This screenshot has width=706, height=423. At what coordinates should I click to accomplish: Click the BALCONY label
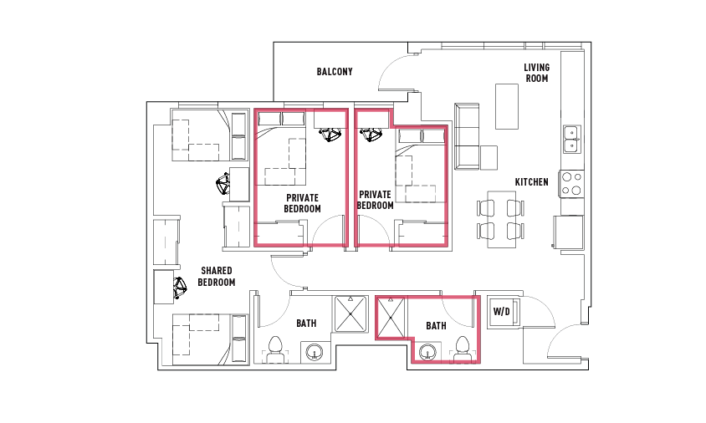coord(335,72)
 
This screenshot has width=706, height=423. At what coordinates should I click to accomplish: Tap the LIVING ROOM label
coord(537,73)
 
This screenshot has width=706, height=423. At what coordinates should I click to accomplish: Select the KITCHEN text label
coord(532,181)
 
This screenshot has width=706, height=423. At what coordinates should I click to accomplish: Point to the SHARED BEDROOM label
coord(217,277)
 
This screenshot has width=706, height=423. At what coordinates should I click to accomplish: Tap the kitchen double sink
coord(572,139)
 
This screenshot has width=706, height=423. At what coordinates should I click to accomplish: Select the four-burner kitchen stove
coord(572,184)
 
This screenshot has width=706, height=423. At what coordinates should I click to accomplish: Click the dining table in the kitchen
coord(502,219)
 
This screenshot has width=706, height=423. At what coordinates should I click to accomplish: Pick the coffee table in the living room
coord(507,107)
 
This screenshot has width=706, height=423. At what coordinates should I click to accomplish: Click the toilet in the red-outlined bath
coord(463,349)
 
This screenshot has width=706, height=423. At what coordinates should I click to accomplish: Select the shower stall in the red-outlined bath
coord(391,318)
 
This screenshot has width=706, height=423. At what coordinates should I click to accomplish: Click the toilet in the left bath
coord(274,349)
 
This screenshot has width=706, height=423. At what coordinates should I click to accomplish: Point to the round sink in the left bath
coord(315,352)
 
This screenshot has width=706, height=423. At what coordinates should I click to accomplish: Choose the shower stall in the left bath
coord(350,314)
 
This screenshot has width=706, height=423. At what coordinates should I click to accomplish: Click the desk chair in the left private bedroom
coord(330,135)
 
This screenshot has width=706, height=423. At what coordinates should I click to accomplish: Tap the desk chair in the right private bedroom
coord(371,135)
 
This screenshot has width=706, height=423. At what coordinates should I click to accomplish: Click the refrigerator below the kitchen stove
coord(569,232)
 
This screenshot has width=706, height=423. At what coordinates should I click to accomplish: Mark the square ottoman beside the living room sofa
coord(489,157)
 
